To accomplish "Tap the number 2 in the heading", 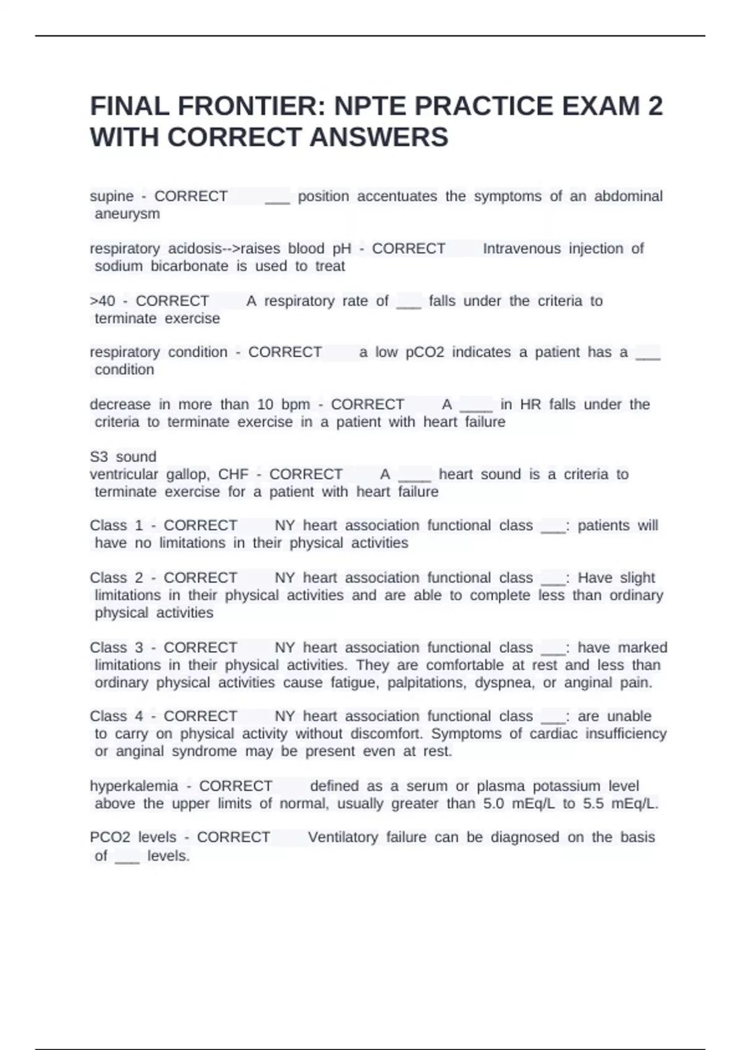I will point(655,106).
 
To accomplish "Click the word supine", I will point(112,196).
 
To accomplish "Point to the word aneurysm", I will point(127,214).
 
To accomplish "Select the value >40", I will point(103,301).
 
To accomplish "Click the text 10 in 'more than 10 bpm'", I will point(266,405).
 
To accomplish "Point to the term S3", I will point(99,457).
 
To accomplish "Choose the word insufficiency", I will point(626,734).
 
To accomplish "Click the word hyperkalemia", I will point(134,786).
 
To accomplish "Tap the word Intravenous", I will point(522,249).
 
